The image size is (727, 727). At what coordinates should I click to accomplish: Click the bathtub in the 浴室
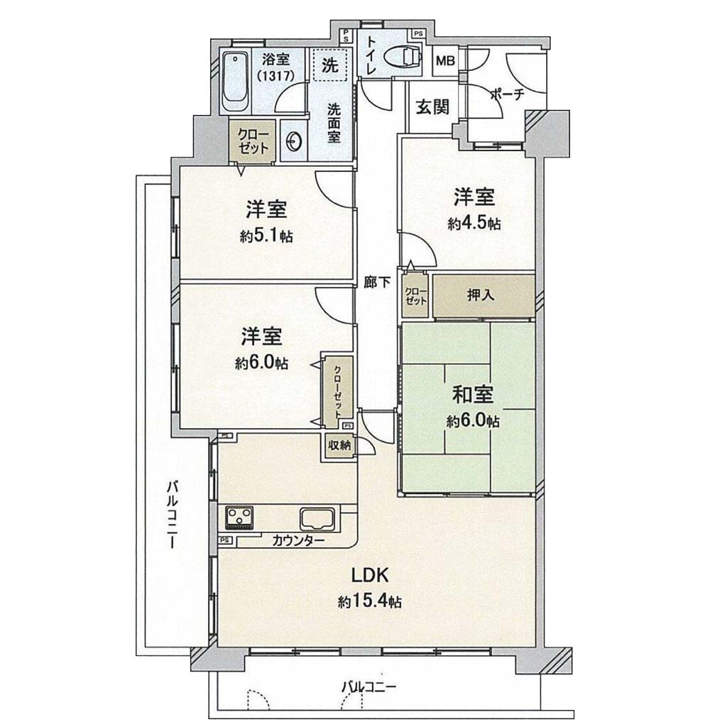[x=235, y=82]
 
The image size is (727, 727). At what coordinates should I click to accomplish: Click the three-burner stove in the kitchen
[x=239, y=518]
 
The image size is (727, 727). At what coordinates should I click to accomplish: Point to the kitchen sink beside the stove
[x=317, y=519]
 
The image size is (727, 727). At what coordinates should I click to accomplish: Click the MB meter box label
[x=445, y=60]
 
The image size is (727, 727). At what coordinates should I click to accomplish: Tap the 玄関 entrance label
[x=432, y=107]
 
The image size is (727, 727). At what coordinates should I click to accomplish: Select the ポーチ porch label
[x=507, y=94]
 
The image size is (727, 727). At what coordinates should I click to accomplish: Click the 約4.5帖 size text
[x=474, y=224]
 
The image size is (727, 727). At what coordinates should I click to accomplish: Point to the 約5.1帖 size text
[x=266, y=236]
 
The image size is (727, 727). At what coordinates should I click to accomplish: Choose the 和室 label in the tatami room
[x=472, y=394]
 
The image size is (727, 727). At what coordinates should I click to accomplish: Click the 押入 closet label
[x=481, y=295]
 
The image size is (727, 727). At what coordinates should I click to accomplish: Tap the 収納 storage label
[x=340, y=446]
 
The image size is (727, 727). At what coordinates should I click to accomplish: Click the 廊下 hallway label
[x=376, y=282]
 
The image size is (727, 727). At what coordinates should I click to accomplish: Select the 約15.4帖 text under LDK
[x=369, y=602]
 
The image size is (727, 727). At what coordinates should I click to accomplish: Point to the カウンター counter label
[x=298, y=540]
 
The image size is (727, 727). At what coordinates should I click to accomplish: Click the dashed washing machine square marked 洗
[x=329, y=65]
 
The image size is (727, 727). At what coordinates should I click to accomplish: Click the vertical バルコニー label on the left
[x=173, y=515]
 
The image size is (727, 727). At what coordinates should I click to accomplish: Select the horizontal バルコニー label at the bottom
[x=369, y=687]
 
